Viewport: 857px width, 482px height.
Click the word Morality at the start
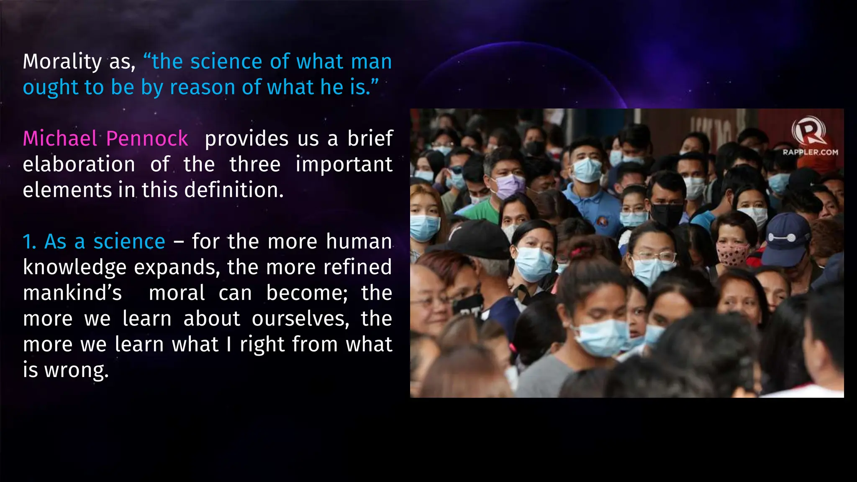click(62, 62)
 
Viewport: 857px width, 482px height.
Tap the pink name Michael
click(60, 138)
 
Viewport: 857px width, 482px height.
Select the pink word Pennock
click(147, 138)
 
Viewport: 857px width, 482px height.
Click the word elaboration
click(79, 164)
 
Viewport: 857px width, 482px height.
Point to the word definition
click(233, 190)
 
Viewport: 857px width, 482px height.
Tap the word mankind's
click(72, 293)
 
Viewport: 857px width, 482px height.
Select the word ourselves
click(300, 319)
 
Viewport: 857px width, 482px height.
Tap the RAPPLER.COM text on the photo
click(810, 152)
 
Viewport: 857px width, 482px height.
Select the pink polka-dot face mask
click(732, 254)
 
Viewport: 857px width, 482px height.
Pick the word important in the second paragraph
click(344, 164)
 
